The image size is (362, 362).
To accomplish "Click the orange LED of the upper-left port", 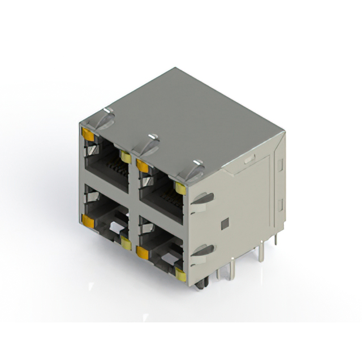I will pyautogui.click(x=88, y=134).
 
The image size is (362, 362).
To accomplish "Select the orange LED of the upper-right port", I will pyautogui.click(x=143, y=166).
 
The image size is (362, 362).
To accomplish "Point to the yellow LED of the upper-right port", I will pyautogui.click(x=180, y=189).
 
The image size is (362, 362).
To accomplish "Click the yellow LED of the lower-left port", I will pyautogui.click(x=126, y=244).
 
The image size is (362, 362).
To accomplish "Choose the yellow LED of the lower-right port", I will pyautogui.click(x=181, y=275).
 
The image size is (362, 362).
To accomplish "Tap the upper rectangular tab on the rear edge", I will pyautogui.click(x=279, y=165).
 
